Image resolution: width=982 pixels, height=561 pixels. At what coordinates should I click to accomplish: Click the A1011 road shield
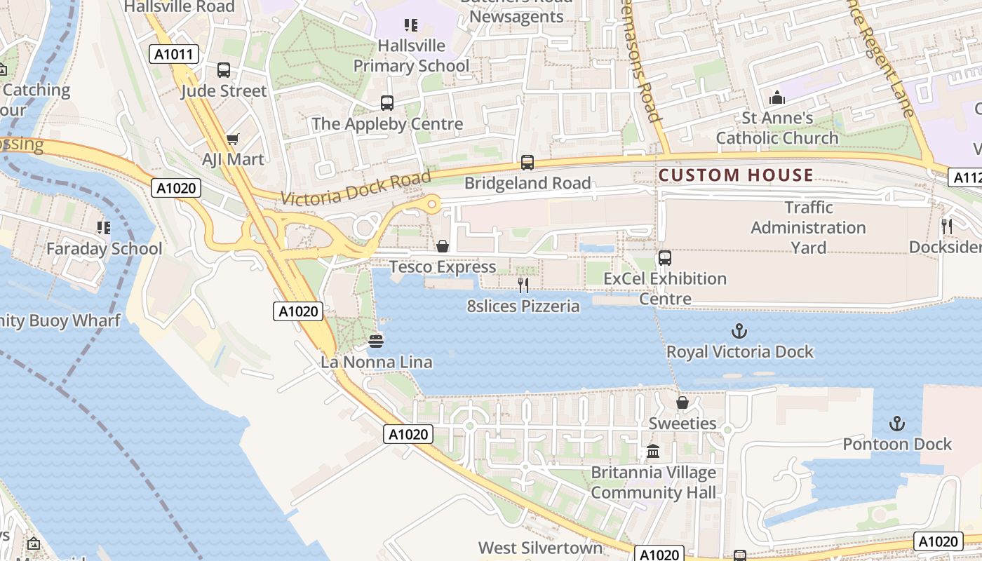point(174,54)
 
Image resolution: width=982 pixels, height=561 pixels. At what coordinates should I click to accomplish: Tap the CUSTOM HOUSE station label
point(736,175)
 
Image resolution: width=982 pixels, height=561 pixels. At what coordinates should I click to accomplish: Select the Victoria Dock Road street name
point(356,189)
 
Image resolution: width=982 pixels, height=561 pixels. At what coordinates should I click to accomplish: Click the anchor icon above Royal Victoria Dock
point(739,331)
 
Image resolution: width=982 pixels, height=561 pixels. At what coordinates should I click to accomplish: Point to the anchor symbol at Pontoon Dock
point(896,424)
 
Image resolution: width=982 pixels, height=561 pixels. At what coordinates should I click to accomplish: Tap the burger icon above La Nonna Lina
point(376,342)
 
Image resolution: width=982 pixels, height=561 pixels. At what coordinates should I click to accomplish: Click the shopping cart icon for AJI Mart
point(232,140)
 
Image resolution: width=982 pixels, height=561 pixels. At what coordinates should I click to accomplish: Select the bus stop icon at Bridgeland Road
point(527,163)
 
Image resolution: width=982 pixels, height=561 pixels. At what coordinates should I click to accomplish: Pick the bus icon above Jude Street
point(224,70)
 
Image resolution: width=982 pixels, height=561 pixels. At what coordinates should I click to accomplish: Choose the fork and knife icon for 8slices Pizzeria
point(523,285)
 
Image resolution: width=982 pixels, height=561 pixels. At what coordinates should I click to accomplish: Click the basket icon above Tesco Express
point(443,246)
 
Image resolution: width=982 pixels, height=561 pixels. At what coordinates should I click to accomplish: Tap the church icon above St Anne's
point(776,97)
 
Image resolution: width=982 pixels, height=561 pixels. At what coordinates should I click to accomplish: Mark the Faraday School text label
point(104,249)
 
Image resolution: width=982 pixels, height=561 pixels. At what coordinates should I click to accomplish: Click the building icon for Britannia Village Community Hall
point(653,451)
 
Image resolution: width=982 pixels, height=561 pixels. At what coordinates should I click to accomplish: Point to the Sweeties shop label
point(682,424)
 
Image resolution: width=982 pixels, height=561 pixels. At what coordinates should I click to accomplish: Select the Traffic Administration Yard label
point(808,228)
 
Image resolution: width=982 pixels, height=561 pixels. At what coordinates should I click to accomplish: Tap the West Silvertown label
point(540,548)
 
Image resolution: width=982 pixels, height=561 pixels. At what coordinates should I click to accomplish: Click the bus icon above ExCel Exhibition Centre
point(665,257)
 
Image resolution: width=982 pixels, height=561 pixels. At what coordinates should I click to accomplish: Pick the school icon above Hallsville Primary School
point(411,25)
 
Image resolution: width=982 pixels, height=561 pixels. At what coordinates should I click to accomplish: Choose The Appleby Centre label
point(387,124)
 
